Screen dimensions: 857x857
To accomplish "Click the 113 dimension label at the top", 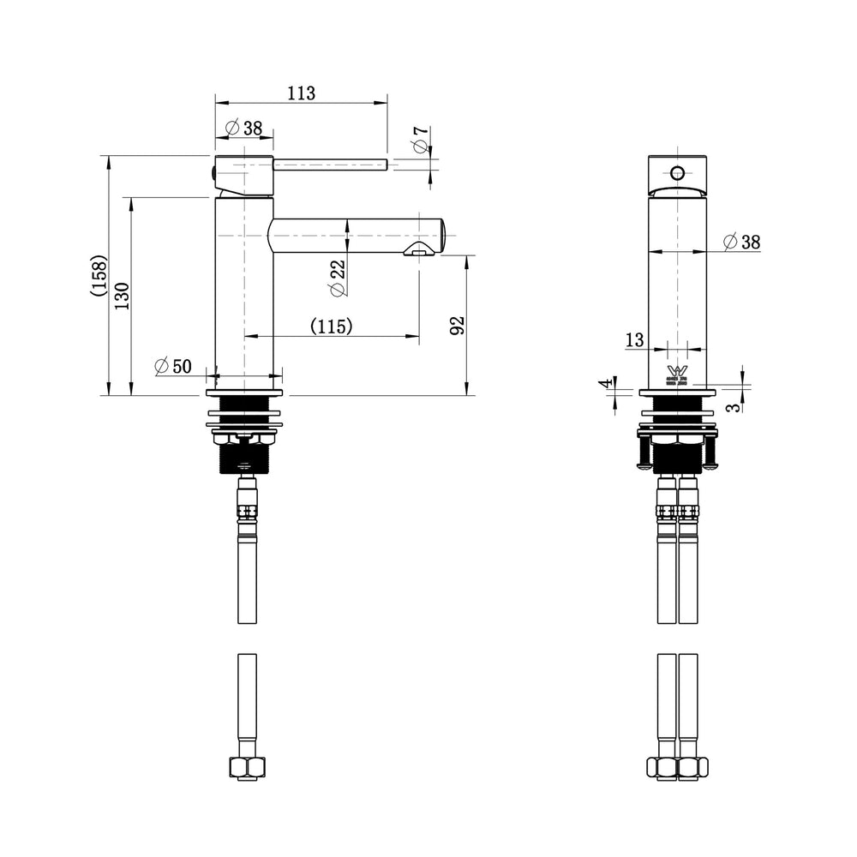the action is (302, 93).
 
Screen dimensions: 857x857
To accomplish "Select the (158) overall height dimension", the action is (100, 275).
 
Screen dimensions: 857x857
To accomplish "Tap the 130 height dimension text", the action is (122, 296).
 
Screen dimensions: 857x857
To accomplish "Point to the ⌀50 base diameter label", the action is (173, 366).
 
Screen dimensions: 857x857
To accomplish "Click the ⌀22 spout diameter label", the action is (338, 278).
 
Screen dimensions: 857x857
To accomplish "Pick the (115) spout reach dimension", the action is (331, 327).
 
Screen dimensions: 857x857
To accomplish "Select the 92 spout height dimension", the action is (457, 325).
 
